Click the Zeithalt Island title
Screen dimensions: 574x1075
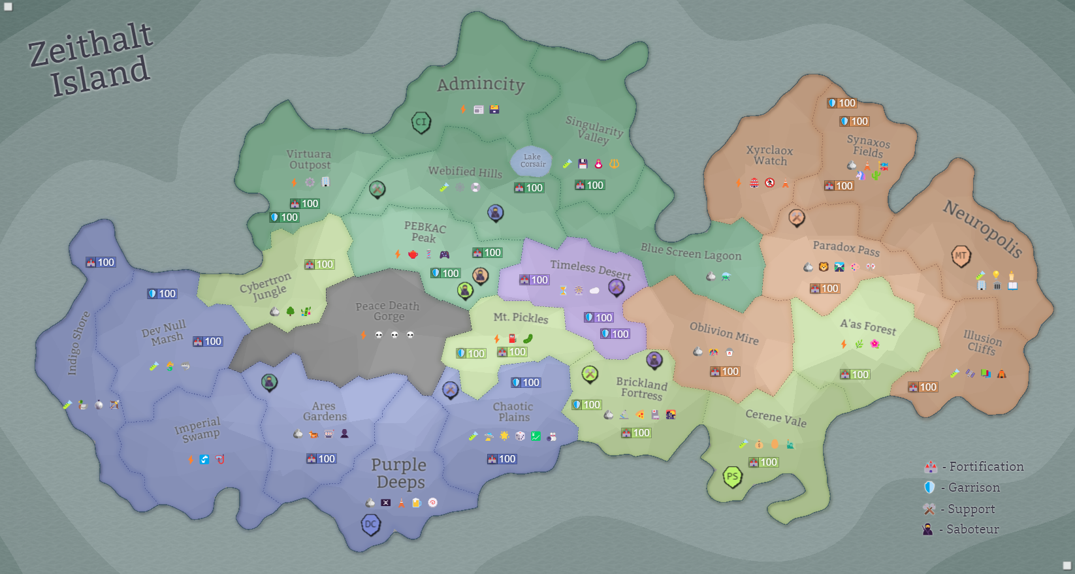(x=91, y=60)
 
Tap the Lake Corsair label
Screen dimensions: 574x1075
(x=532, y=161)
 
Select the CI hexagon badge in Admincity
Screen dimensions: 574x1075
(x=421, y=122)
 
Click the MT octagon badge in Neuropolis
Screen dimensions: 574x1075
(x=961, y=255)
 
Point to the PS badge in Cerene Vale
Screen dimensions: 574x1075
(x=733, y=477)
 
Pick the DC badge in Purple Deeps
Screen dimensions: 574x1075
(x=370, y=524)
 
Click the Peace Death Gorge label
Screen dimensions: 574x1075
(x=387, y=311)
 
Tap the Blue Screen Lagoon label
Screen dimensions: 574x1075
(x=691, y=251)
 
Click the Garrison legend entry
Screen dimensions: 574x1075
(x=962, y=487)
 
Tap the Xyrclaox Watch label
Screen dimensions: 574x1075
(x=770, y=155)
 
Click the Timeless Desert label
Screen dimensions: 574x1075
(x=590, y=268)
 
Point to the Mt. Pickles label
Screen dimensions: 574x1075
(x=521, y=317)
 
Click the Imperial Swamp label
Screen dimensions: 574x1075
(x=198, y=429)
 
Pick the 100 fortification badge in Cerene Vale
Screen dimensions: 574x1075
(x=763, y=462)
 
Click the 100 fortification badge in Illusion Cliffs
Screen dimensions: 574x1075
(x=922, y=387)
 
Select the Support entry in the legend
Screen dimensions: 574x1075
(x=959, y=509)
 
